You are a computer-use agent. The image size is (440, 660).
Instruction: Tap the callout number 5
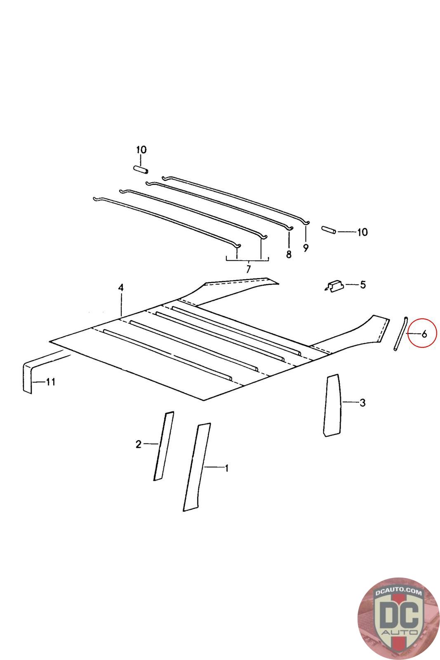click(x=362, y=285)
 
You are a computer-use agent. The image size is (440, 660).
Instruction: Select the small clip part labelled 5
click(x=334, y=286)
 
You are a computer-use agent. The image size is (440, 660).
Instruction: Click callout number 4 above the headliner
click(x=121, y=288)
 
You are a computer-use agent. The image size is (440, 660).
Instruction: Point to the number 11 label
click(x=50, y=382)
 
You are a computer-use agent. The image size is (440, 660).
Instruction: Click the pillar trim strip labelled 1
click(x=197, y=467)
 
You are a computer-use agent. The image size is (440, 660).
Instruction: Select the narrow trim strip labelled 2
click(x=164, y=446)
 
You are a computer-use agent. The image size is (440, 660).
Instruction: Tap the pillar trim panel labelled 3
click(x=332, y=405)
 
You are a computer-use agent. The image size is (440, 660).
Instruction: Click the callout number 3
click(x=362, y=403)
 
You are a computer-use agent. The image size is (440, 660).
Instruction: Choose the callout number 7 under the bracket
click(x=248, y=269)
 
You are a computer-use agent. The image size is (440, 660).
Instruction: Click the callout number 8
click(x=289, y=254)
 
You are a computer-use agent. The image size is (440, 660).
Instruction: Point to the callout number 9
click(x=306, y=248)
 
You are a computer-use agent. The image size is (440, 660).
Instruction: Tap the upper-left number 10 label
click(x=141, y=150)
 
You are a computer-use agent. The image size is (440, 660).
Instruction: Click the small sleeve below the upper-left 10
click(x=141, y=170)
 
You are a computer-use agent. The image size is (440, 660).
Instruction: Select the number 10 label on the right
click(x=362, y=232)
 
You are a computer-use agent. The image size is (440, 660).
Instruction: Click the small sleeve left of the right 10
click(x=328, y=230)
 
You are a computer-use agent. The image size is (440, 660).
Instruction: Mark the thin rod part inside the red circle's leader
click(x=400, y=333)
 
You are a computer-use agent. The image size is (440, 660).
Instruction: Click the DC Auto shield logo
click(x=399, y=619)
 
